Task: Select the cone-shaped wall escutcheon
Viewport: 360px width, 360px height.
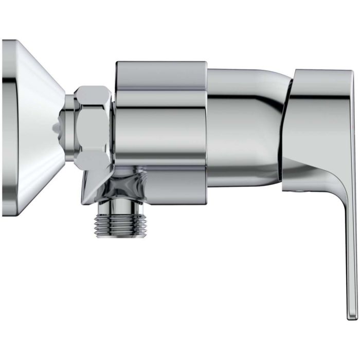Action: (31, 123)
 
